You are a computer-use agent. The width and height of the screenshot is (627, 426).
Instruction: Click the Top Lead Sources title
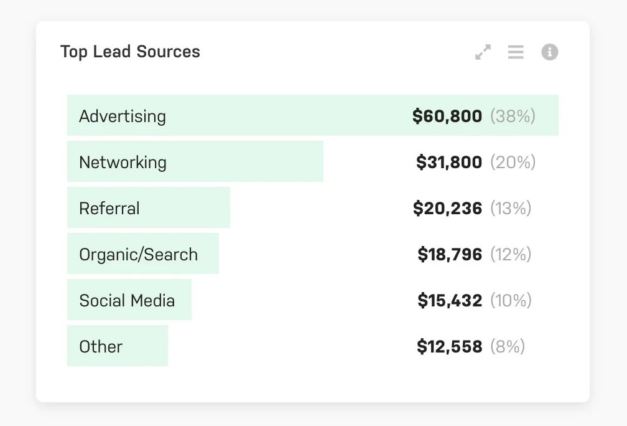pos(130,52)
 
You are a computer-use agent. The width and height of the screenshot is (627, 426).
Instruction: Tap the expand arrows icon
pos(483,52)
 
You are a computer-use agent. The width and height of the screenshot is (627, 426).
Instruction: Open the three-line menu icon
pos(516,52)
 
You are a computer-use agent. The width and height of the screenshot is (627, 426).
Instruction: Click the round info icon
pos(549,52)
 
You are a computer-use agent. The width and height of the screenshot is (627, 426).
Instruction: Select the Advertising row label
pos(123,116)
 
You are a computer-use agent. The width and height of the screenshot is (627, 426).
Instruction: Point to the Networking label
pos(123,163)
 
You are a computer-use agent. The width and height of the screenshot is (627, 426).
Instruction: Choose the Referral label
pos(109,209)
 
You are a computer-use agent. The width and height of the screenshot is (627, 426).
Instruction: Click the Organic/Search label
pos(138,255)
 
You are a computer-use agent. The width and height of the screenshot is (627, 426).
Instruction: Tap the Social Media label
pos(127,301)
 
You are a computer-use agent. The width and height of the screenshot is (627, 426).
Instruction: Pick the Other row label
pos(101,347)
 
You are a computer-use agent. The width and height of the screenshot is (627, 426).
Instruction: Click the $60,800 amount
pos(447,116)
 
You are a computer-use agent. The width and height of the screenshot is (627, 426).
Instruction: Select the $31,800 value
pos(448,163)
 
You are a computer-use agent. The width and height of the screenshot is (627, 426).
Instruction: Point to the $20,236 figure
pos(447,209)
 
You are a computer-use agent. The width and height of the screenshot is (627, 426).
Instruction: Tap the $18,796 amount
pos(449,255)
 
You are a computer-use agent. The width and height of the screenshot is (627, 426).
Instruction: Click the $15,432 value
pos(449,301)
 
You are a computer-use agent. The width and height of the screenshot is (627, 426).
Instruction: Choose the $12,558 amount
pos(449,347)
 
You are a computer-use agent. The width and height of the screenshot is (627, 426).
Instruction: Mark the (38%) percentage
pos(513,116)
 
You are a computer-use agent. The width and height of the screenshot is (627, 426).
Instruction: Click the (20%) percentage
pos(513,163)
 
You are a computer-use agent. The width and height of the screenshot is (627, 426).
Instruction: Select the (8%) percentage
pos(508,347)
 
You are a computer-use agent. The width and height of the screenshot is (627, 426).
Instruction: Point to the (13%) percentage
pos(511,209)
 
